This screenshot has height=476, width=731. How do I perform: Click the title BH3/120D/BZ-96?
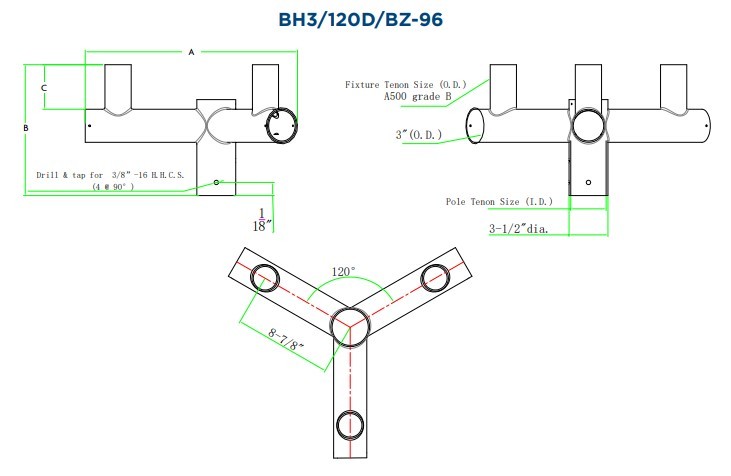click(360, 20)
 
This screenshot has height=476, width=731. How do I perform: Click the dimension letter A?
click(191, 52)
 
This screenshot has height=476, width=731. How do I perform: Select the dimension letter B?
click(26, 128)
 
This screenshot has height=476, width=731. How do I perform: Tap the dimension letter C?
click(44, 88)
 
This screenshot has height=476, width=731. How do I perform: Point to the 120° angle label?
click(344, 271)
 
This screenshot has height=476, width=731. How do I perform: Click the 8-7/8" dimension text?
click(286, 339)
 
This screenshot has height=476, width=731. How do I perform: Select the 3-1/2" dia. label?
click(519, 228)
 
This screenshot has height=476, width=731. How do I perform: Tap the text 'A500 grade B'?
click(418, 97)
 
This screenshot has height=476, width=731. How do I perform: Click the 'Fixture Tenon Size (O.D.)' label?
click(406, 84)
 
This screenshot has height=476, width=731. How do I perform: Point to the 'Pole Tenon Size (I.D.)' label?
click(499, 201)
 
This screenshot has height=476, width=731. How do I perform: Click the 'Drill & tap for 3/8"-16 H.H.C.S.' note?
click(110, 175)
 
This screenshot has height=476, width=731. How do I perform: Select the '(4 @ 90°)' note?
click(113, 186)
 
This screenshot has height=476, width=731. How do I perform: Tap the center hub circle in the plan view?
click(351, 326)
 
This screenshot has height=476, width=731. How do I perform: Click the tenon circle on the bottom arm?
click(350, 425)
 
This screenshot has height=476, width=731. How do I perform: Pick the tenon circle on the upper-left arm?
click(265, 278)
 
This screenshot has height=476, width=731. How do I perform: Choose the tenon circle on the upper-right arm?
click(435, 278)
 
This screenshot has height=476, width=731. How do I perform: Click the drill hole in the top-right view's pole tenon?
click(588, 182)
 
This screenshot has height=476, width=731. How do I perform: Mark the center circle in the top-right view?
click(588, 125)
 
